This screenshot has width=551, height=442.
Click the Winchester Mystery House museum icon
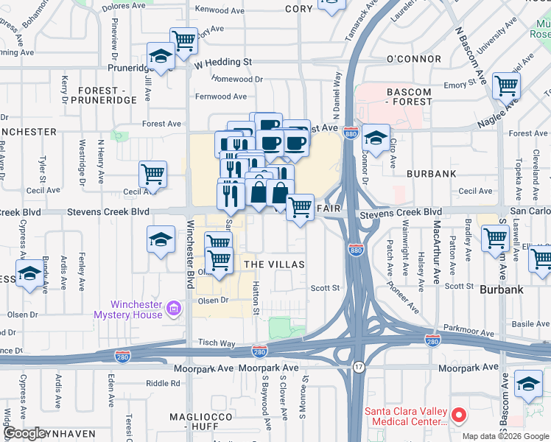point(174,308)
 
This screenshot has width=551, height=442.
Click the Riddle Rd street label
point(163,383)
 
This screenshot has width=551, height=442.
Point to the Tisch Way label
point(216,343)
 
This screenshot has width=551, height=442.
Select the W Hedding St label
point(223,63)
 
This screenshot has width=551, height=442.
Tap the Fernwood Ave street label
point(221,97)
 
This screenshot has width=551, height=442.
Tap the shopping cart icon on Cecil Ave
point(152,175)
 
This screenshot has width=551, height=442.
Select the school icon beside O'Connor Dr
point(376,138)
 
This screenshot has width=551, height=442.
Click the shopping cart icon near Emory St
point(506,85)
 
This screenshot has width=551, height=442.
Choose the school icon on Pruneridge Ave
point(160,56)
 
